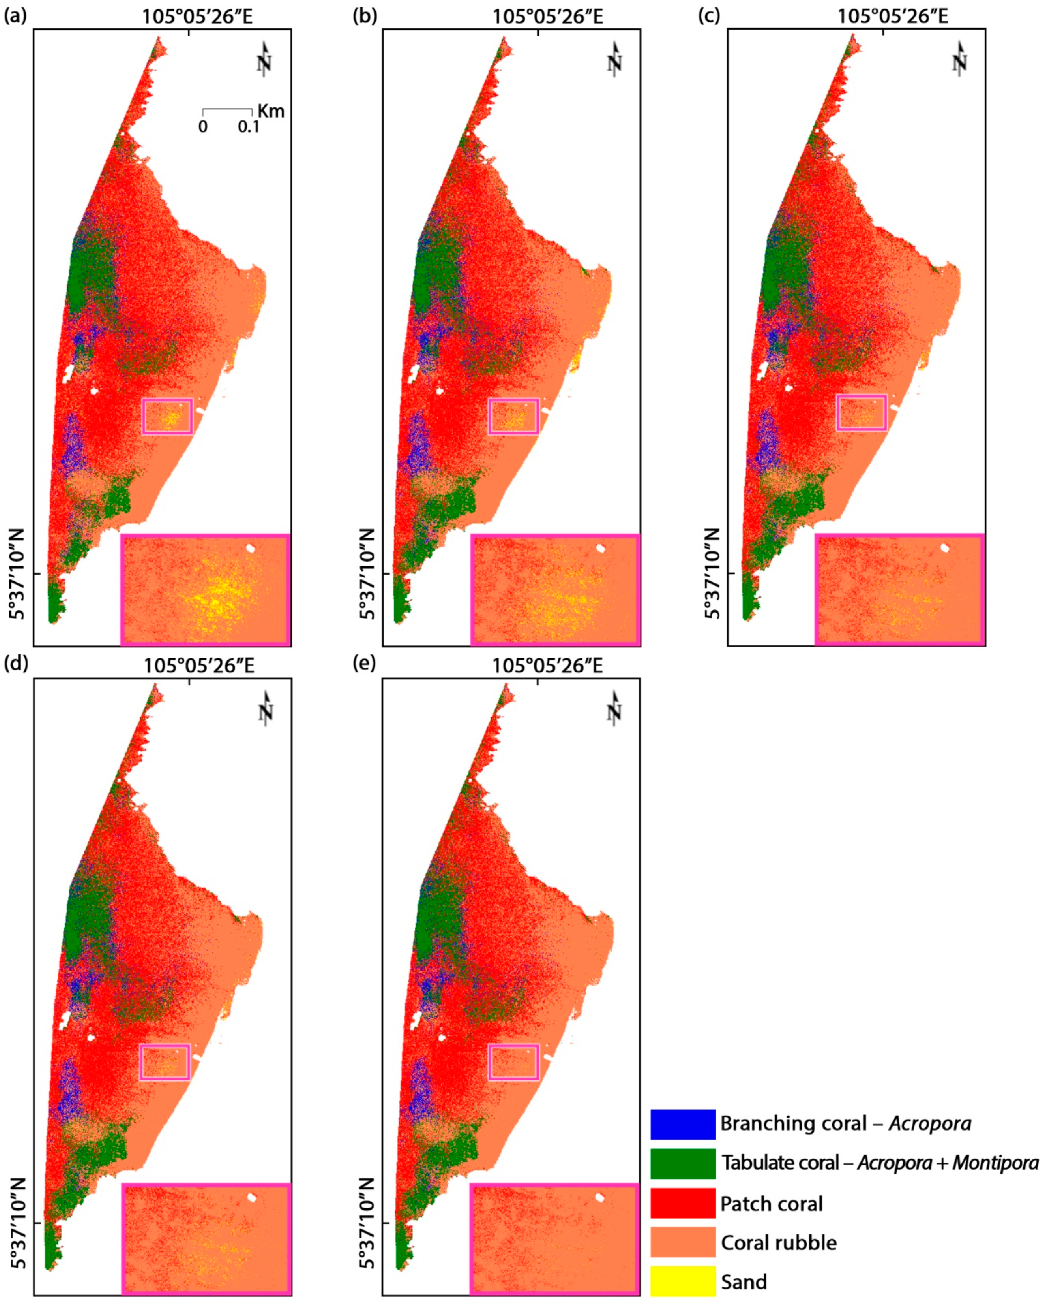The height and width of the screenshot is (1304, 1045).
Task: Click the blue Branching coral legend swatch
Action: [682, 1124]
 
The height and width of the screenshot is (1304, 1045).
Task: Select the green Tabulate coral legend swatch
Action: [682, 1163]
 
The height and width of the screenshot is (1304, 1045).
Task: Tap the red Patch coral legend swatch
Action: [682, 1203]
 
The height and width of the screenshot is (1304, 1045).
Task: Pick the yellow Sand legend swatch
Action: [682, 1282]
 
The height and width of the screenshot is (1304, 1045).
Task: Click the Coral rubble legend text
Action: [779, 1243]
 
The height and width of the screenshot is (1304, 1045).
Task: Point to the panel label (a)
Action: [15, 15]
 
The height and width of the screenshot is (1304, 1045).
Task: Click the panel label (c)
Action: [709, 15]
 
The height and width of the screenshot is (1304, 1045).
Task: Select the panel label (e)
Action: [364, 664]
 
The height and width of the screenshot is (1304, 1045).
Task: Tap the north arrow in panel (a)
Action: [264, 59]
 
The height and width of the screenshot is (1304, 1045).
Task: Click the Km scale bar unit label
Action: [270, 111]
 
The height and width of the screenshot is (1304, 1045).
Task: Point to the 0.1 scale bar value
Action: [248, 127]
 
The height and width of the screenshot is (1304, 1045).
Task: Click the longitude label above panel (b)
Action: [547, 16]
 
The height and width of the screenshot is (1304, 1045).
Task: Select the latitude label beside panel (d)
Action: [18, 1223]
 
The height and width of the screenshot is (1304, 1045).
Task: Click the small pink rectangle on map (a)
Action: [168, 416]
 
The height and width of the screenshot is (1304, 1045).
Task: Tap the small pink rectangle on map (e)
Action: [514, 1062]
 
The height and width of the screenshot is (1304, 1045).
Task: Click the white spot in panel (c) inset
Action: [945, 548]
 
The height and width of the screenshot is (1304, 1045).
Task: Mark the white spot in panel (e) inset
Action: [600, 1197]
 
